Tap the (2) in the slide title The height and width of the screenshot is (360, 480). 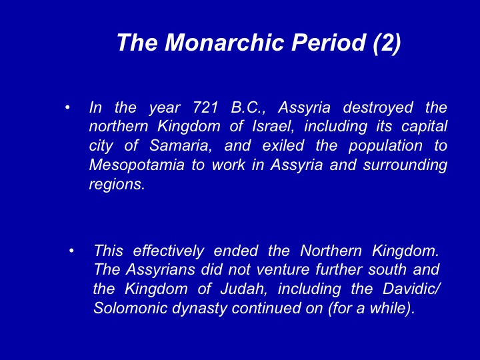tap(387, 43)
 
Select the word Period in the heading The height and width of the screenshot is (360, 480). tap(329, 42)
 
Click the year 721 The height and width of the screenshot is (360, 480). tap(206, 107)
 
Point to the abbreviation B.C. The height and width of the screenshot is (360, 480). tap(248, 108)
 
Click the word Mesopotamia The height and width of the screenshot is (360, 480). tap(137, 165)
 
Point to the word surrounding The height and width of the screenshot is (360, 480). tap(405, 165)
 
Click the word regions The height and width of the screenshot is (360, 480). tap(117, 185)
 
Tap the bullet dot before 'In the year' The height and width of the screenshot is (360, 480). tap(67, 107)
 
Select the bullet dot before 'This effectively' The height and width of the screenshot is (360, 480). tap(71, 251)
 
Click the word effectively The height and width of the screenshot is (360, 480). tap(169, 251)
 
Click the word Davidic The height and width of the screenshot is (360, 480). tap(409, 289)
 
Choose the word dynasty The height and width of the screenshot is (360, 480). tap(199, 308)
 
